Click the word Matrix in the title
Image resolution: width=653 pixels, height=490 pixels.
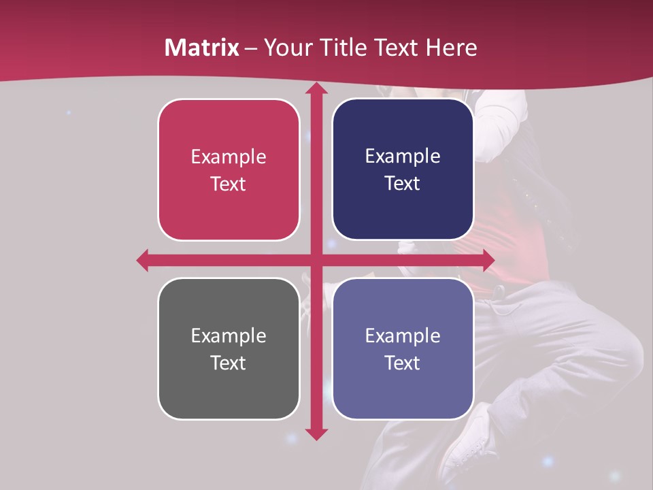click(x=202, y=48)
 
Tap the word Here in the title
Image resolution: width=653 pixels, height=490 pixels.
click(x=451, y=48)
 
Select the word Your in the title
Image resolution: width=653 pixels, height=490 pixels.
click(x=285, y=48)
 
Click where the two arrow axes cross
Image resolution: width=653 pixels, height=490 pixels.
click(x=316, y=260)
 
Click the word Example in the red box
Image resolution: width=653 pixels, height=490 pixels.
click(x=229, y=157)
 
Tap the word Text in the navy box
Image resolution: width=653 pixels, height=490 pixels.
click(x=403, y=184)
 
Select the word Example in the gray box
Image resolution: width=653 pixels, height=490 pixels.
click(x=229, y=336)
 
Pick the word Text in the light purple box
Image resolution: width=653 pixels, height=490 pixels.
click(x=403, y=363)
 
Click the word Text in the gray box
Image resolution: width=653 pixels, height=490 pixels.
click(x=229, y=363)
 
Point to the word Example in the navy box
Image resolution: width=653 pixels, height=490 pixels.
click(x=403, y=157)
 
